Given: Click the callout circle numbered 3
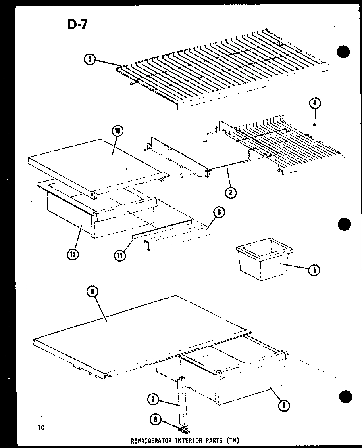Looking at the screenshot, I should (x=90, y=59).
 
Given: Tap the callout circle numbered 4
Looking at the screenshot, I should (x=314, y=104).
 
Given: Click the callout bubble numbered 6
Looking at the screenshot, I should (x=218, y=213).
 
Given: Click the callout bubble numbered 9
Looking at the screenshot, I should (x=92, y=293).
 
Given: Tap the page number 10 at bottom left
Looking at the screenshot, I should (x=41, y=427).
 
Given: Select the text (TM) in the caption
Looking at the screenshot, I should (x=233, y=440).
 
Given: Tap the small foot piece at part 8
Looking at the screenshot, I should (x=183, y=429).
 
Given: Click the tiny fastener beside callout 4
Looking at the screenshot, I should (x=314, y=125).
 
